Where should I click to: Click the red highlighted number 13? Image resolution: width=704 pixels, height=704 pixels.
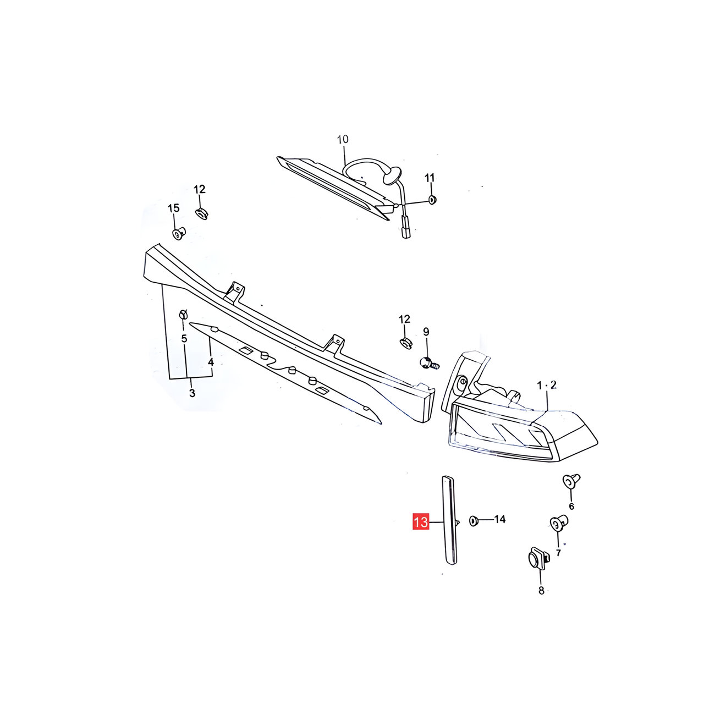click(x=421, y=522)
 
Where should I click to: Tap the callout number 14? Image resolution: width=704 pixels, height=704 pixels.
click(x=499, y=519)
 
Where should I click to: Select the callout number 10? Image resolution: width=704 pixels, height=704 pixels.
click(x=342, y=139)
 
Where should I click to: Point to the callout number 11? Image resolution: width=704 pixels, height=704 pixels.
click(x=430, y=178)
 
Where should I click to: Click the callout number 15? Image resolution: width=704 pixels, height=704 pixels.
click(x=174, y=208)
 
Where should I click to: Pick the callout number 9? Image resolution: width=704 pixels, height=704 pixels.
click(x=426, y=332)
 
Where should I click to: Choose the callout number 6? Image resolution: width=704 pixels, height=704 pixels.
click(x=571, y=507)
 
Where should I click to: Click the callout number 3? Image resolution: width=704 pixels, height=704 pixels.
click(x=192, y=393)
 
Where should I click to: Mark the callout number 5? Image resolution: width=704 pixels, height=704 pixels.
click(x=184, y=339)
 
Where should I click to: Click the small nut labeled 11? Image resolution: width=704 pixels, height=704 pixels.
click(x=432, y=200)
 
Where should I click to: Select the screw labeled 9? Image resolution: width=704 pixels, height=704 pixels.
click(x=428, y=363)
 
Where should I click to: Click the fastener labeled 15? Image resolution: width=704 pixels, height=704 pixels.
click(x=179, y=233)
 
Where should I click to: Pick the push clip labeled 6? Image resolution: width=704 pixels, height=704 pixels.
click(x=571, y=481)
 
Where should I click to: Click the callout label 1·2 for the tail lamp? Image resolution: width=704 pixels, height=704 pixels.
click(x=547, y=385)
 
